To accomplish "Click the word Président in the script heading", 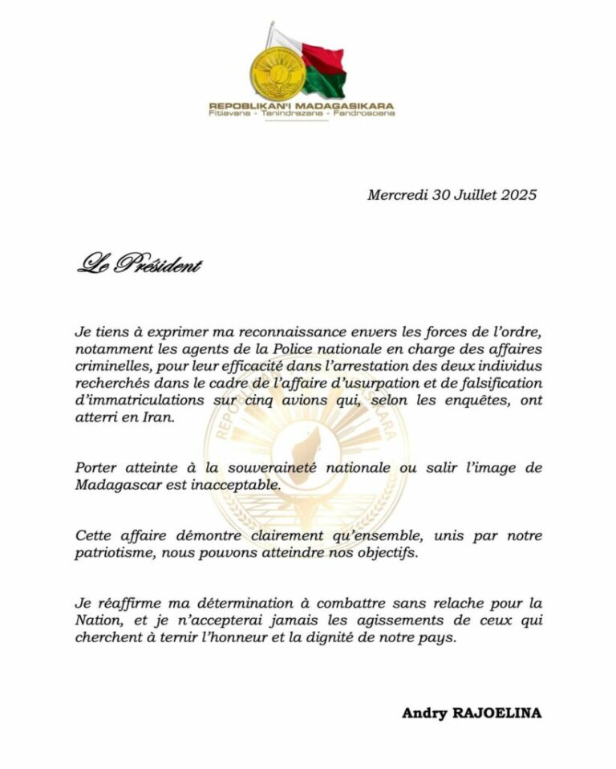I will point(159,264).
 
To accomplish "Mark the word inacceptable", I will point(231,485).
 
